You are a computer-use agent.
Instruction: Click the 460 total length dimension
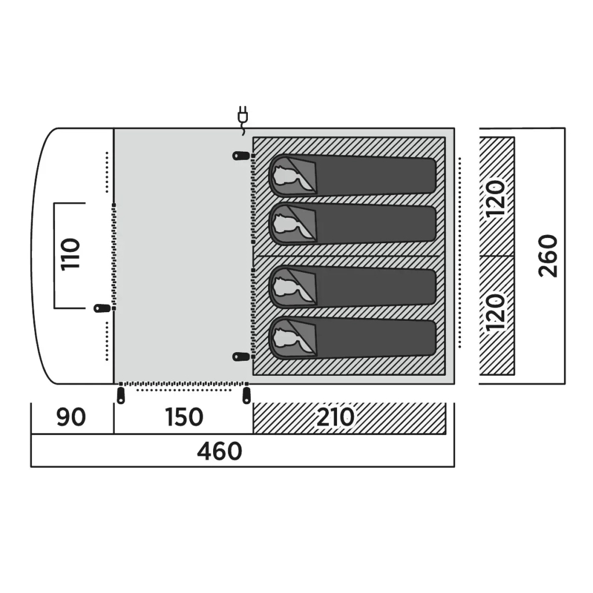219,451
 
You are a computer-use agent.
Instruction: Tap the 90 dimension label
71,417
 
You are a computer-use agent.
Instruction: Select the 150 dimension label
184,417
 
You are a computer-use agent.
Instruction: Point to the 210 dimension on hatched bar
335,417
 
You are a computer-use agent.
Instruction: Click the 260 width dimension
548,255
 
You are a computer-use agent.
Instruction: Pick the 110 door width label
70,254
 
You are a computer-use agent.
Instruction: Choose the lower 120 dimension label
496,312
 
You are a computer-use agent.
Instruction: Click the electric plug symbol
243,119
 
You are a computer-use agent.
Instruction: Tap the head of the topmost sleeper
287,176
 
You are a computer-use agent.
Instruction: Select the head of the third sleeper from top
287,287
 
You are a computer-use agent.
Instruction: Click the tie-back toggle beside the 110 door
102,308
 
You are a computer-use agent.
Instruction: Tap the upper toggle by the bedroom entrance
241,155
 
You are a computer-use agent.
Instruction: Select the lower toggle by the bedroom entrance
241,356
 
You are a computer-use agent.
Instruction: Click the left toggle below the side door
121,395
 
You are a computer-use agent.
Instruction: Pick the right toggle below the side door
246,395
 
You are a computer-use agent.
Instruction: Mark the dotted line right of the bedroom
460,252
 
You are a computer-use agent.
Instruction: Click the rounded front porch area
72,256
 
